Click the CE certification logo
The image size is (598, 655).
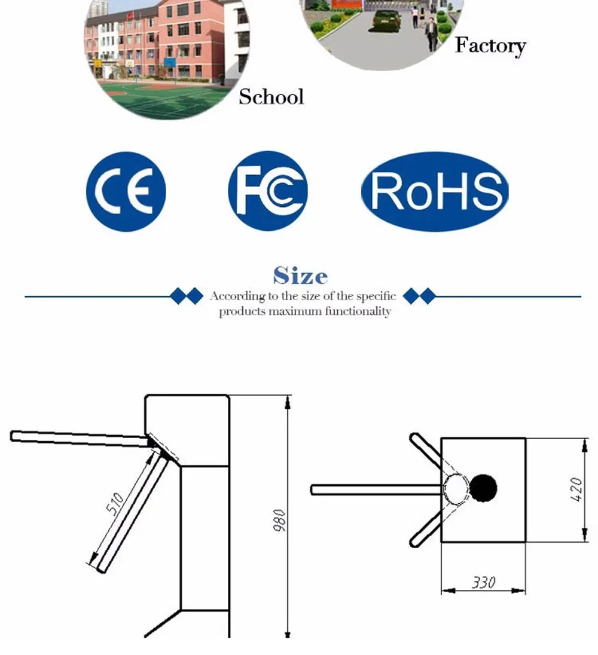point(126,191)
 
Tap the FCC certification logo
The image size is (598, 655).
point(268,191)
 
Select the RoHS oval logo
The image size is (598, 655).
point(435,191)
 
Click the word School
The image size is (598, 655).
point(271,97)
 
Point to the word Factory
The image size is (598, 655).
point(490,45)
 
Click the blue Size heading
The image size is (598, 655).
point(300,276)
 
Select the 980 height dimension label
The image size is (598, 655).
point(280,520)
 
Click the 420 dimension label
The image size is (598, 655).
point(576,489)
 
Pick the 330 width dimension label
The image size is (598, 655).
point(484,582)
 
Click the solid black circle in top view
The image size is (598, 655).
point(483,488)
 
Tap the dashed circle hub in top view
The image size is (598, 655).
point(456,489)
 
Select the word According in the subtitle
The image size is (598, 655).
point(238,296)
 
